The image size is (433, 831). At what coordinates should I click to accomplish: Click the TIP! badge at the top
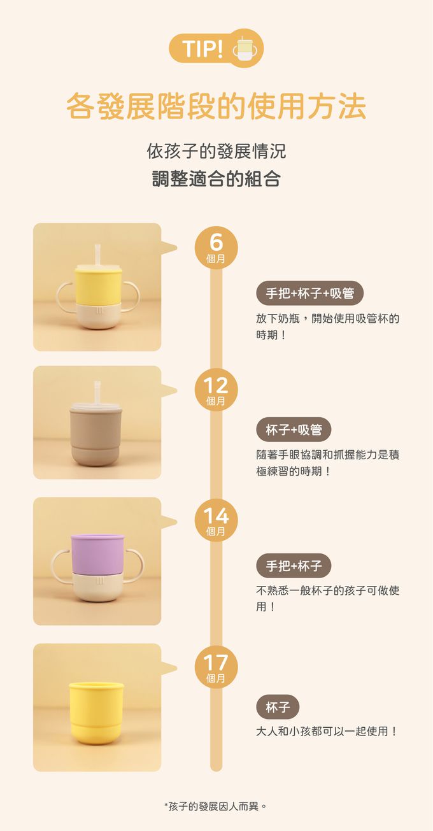pyautogui.click(x=202, y=48)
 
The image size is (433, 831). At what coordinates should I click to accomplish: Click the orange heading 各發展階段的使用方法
pyautogui.click(x=216, y=106)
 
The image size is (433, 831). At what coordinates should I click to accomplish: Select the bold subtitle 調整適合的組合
pyautogui.click(x=216, y=178)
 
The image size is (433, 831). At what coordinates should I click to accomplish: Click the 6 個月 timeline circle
pyautogui.click(x=216, y=248)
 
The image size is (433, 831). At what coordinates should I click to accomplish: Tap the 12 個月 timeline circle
pyautogui.click(x=216, y=390)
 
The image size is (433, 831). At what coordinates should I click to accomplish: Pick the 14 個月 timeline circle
pyautogui.click(x=216, y=520)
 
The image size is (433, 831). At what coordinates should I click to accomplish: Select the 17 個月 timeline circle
pyautogui.click(x=216, y=667)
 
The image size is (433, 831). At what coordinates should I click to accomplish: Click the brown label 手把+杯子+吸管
pyautogui.click(x=309, y=294)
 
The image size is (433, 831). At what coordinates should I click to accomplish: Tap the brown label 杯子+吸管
pyautogui.click(x=294, y=430)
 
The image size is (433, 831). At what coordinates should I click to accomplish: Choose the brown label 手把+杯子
pyautogui.click(x=294, y=565)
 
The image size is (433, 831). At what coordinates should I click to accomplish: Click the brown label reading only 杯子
pyautogui.click(x=278, y=707)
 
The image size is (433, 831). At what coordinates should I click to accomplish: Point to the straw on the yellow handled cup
pyautogui.click(x=98, y=254)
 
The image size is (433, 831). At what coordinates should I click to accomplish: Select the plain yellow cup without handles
pyautogui.click(x=96, y=712)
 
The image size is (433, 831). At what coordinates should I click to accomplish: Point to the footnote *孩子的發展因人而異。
pyautogui.click(x=216, y=806)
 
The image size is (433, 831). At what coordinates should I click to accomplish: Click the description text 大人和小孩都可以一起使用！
pyautogui.click(x=327, y=731)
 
